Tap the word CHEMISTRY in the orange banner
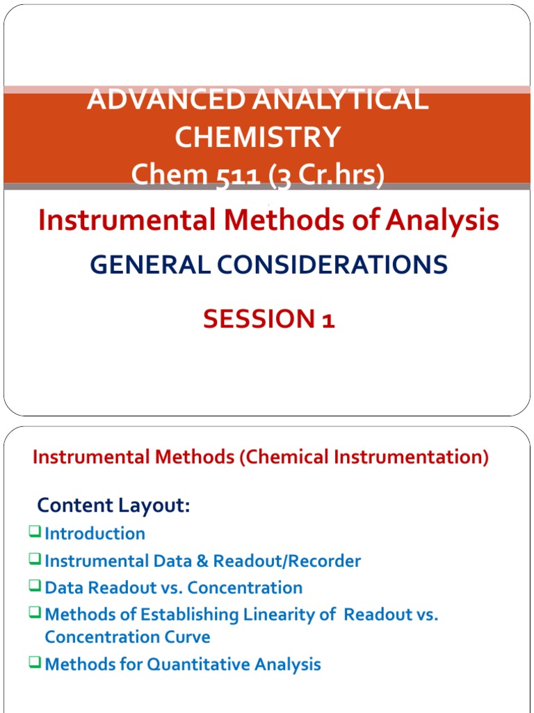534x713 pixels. tap(257, 137)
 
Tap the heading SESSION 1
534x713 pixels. tap(268, 319)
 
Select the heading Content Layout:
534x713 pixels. tap(113, 506)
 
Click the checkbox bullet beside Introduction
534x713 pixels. tap(35, 533)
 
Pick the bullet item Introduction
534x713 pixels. tap(95, 534)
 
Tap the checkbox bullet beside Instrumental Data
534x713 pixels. tap(35, 559)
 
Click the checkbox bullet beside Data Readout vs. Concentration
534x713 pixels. tap(35, 586)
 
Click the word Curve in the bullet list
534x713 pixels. tap(191, 637)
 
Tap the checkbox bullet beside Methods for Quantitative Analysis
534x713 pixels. tap(35, 663)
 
